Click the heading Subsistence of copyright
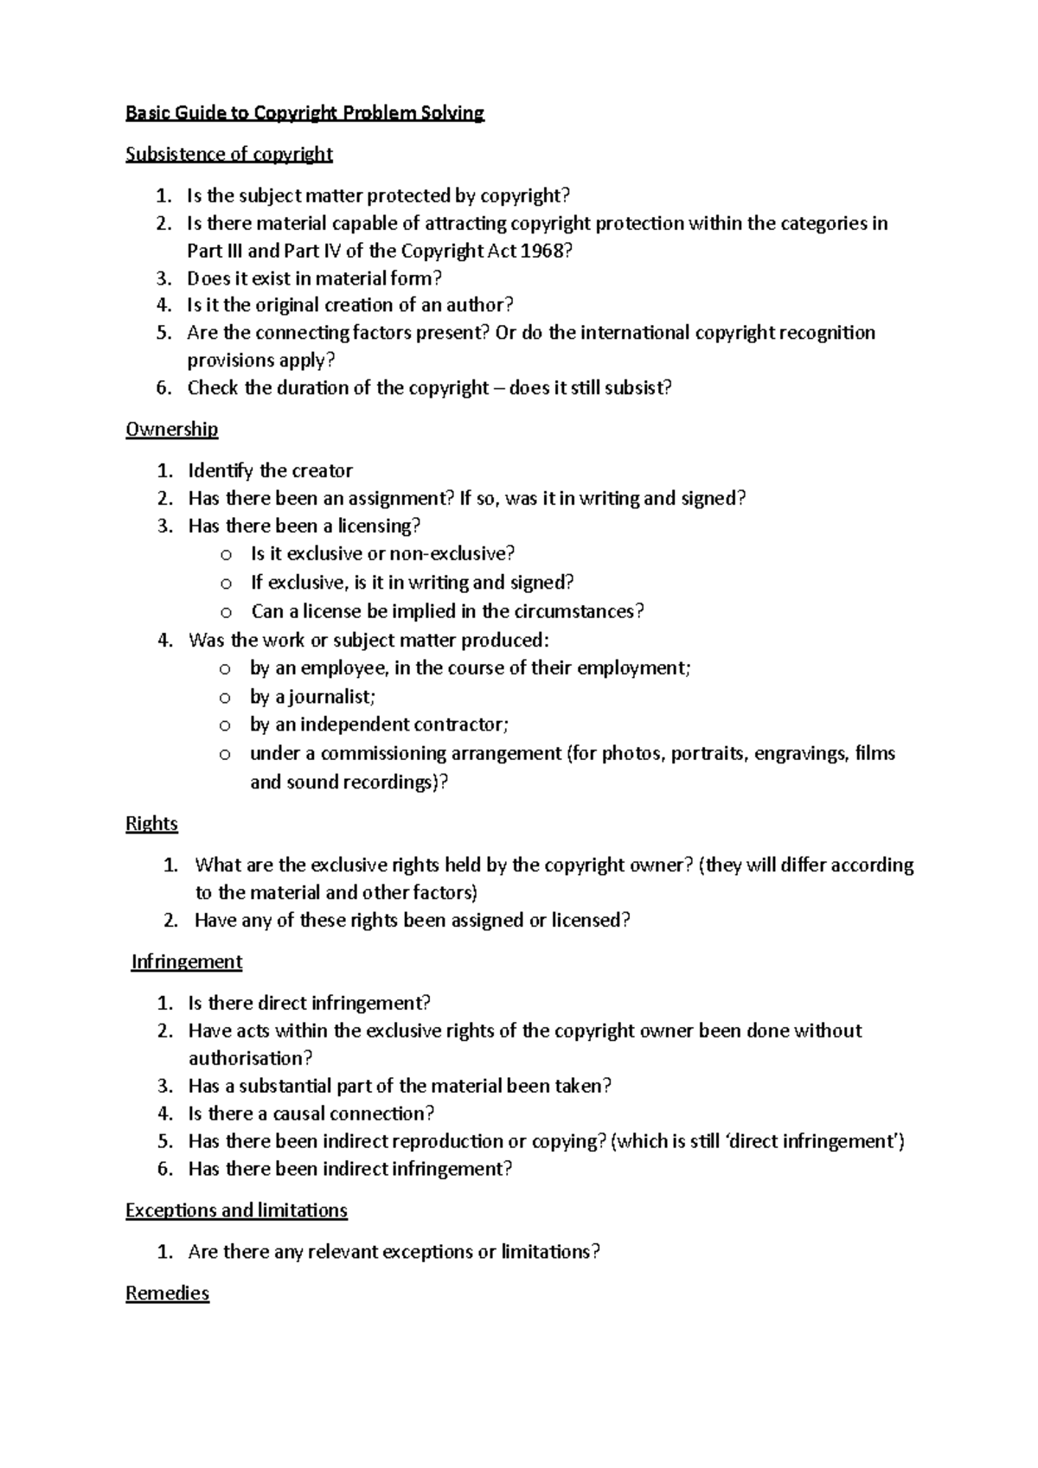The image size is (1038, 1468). point(229,154)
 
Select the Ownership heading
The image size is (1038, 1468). point(171,429)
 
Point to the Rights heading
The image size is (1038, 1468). point(151,823)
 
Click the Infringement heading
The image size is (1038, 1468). point(186,961)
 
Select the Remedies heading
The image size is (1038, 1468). point(167,1293)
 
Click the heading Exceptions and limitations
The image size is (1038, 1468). point(236,1210)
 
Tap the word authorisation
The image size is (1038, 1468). point(247,1058)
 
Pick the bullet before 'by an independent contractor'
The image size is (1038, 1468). point(225,725)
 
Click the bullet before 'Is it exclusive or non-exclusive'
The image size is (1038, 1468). point(225,554)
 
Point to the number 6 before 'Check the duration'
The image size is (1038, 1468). point(163,387)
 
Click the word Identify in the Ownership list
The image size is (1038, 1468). point(221,470)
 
